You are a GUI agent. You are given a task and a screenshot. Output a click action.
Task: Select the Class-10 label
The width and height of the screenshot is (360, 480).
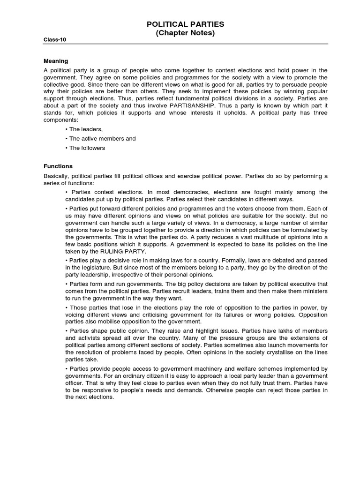[55, 40]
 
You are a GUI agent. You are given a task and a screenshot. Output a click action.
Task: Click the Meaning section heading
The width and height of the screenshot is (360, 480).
[56, 61]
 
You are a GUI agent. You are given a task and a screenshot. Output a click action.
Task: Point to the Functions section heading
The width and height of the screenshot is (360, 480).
[58, 166]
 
